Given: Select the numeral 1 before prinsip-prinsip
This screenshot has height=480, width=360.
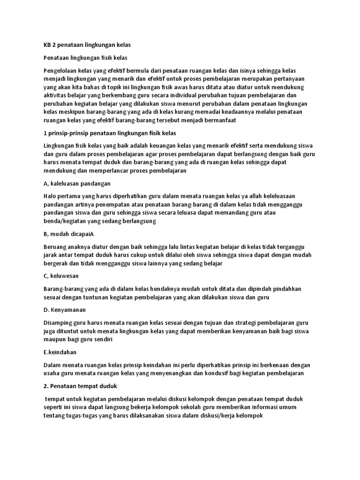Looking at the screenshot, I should (45, 133).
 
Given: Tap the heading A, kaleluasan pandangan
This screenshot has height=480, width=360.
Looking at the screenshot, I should (76, 183).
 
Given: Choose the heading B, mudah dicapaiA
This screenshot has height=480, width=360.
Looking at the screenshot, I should (68, 233).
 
